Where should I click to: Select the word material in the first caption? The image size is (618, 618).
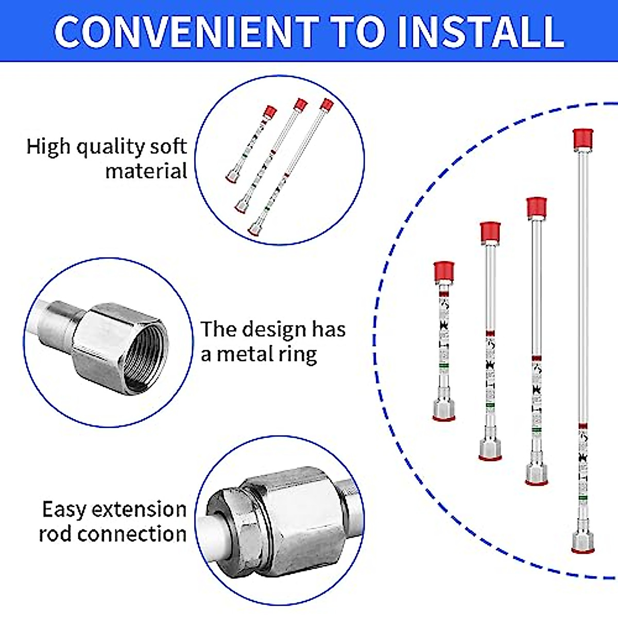click(146, 171)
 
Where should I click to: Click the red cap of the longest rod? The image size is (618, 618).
click(583, 139)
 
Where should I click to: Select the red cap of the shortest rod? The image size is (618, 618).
click(443, 271)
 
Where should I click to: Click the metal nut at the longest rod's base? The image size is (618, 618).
click(582, 542)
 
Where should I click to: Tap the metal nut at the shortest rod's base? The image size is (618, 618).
click(443, 409)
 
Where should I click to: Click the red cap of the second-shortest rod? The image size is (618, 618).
click(490, 232)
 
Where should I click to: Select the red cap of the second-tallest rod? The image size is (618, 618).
click(536, 207)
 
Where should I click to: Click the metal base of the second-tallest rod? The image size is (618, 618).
click(536, 474)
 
